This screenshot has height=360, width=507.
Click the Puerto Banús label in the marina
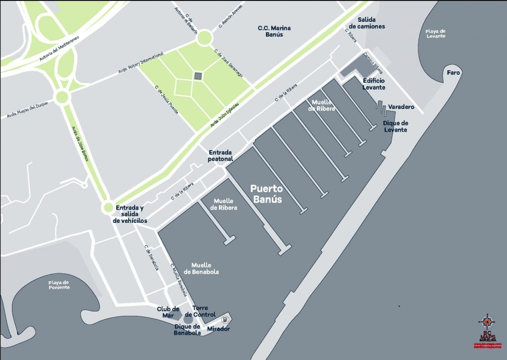click(266, 194)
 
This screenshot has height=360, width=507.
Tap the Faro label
click(453, 73)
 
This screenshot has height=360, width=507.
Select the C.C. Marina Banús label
click(274, 31)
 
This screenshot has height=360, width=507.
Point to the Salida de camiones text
click(367, 23)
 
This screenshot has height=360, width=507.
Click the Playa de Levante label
click(436, 34)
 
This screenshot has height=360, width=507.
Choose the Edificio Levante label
click(374, 84)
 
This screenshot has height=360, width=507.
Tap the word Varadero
click(401, 107)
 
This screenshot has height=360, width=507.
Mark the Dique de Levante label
click(396, 126)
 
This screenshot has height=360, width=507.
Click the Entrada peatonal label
click(221, 156)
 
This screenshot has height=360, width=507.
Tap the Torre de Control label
click(200, 311)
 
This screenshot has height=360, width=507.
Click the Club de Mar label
click(167, 312)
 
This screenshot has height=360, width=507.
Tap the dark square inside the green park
click(198, 76)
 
